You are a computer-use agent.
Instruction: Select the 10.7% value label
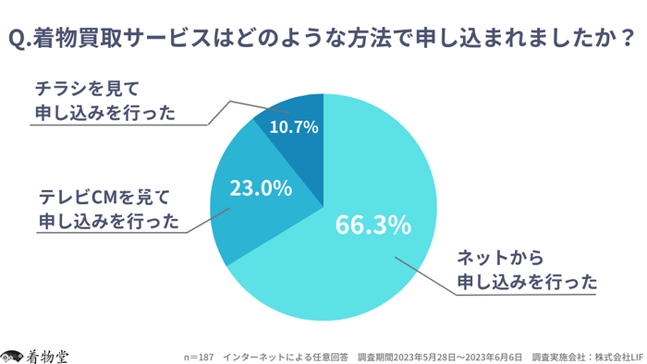(x=294, y=126)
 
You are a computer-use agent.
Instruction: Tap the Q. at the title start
(x=20, y=41)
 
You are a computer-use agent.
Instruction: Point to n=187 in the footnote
(x=199, y=356)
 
